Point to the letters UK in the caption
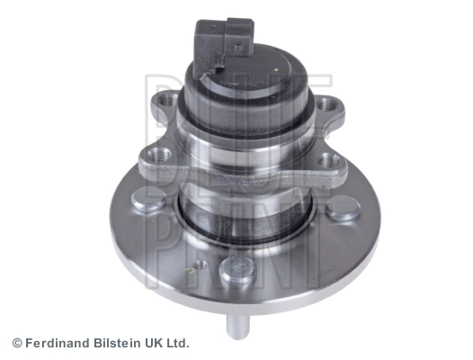(x=156, y=343)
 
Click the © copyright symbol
(x=17, y=343)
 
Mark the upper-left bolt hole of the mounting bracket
(x=165, y=101)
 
